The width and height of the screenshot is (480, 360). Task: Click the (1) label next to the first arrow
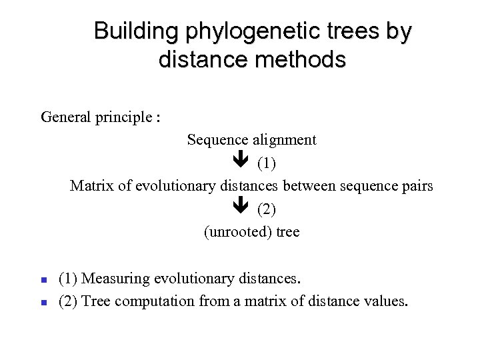coord(266,163)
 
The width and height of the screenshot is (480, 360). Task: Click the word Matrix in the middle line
coord(91,186)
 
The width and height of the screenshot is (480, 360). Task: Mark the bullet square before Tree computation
coord(43,302)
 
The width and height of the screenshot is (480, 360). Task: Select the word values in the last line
coord(385,300)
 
